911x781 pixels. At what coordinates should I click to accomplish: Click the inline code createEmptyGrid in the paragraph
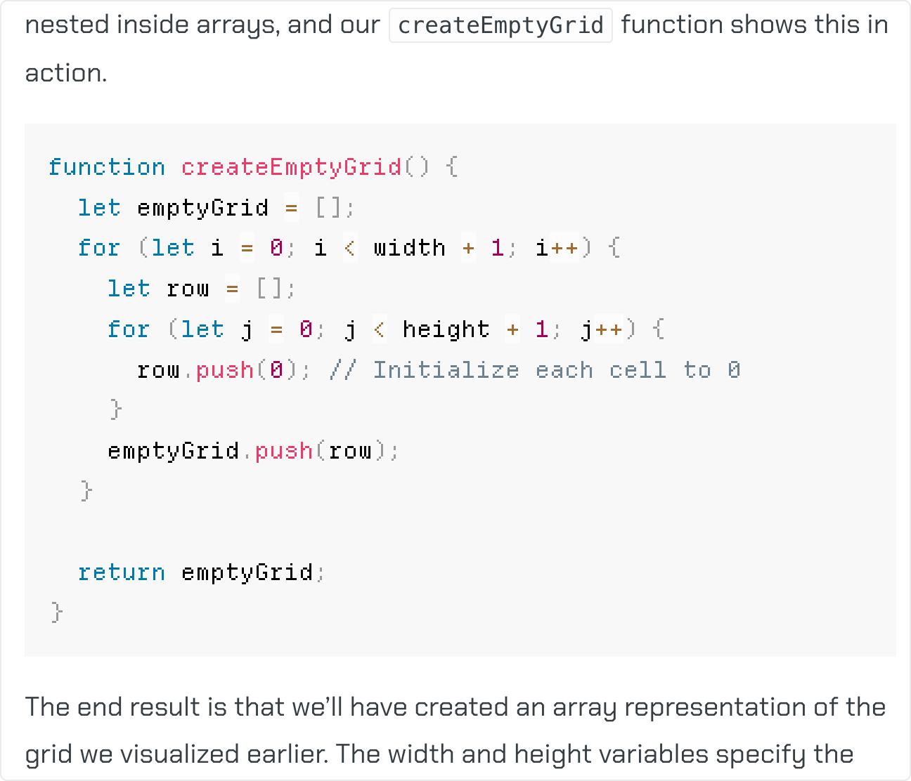coord(500,26)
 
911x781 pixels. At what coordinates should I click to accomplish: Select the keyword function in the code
coord(107,167)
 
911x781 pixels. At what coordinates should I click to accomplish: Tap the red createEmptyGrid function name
coord(291,167)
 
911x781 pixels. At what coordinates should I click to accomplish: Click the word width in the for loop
coord(409,248)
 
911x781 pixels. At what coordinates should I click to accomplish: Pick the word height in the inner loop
coord(446,329)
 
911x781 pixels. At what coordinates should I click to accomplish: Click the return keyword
coord(122,572)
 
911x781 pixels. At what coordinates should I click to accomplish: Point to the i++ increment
coord(557,248)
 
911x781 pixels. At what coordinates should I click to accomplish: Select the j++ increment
coord(602,329)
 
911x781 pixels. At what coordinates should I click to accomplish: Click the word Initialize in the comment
coord(446,370)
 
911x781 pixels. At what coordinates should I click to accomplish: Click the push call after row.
coord(224,370)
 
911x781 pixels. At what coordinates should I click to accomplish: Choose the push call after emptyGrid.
coord(283,451)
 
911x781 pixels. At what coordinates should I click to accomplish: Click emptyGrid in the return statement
coord(247,572)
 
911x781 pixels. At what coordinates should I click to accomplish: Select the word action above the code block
coord(65,73)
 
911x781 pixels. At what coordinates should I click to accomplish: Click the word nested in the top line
coord(67,25)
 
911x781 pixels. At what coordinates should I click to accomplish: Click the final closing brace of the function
coord(57,612)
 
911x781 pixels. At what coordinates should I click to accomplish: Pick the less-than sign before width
coord(349,248)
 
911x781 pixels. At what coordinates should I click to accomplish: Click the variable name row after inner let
coord(188,289)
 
